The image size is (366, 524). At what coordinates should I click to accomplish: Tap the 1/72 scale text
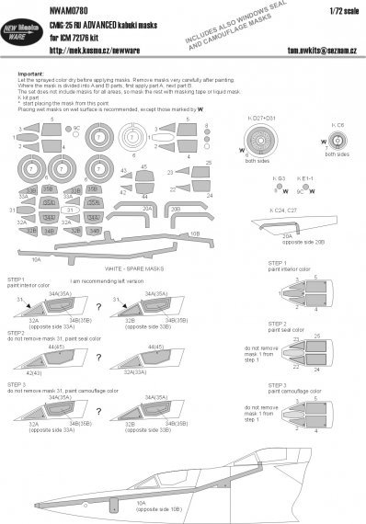coord(344,10)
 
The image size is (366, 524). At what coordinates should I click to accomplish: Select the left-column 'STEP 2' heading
coord(16,332)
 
